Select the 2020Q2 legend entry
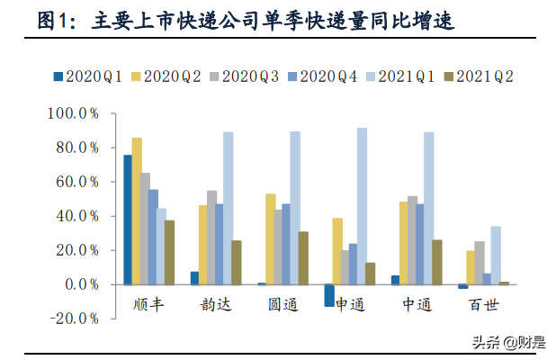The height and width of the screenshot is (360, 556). tap(168, 76)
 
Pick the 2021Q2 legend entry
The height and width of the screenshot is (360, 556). tap(476, 76)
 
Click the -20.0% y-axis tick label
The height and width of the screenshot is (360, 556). tap(76, 319)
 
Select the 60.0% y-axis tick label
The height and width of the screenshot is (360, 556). tap(80, 182)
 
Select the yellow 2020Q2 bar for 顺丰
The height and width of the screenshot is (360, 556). tap(137, 211)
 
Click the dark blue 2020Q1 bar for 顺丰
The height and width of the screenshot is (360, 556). tap(127, 220)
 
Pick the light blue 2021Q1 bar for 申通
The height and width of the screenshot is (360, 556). tap(362, 206)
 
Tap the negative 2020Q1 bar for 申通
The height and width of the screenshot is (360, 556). tap(329, 295)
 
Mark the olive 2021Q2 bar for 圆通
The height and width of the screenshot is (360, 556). tap(303, 258)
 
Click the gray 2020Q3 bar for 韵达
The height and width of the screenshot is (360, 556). tap(212, 238)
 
